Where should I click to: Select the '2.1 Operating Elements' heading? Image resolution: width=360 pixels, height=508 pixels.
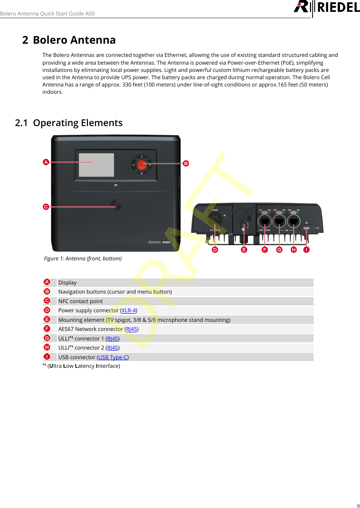[69, 123]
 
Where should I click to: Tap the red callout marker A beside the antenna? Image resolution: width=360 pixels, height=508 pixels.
[46, 162]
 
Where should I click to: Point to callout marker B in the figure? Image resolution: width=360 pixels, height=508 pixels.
[186, 163]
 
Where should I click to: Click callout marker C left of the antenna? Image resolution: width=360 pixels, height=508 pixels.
[46, 207]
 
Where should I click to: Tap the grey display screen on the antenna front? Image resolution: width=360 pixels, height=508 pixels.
[96, 164]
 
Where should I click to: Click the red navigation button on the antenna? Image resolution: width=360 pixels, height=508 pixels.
[142, 163]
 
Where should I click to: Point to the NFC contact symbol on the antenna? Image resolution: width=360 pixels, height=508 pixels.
[117, 206]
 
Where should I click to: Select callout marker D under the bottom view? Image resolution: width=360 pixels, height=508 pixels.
[214, 250]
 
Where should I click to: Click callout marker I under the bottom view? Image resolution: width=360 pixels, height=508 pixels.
[307, 250]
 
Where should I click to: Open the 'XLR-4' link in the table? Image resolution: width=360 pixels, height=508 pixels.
[129, 310]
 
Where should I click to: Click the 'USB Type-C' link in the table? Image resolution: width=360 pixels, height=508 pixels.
[113, 357]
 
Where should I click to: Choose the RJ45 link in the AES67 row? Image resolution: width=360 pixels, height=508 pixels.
[132, 329]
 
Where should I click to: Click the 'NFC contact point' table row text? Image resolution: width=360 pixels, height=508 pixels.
[80, 301]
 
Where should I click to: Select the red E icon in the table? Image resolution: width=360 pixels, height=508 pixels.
[47, 320]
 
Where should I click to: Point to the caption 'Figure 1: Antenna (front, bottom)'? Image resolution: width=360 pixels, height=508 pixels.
[82, 259]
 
